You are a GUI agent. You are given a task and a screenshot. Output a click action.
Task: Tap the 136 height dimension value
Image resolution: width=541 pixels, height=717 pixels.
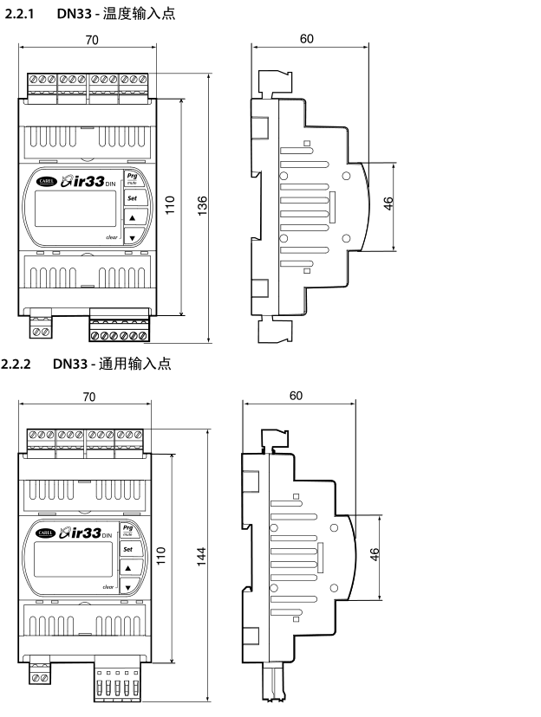point(202,207)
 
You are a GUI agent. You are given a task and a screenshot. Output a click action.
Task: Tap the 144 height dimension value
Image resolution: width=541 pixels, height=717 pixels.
point(201,562)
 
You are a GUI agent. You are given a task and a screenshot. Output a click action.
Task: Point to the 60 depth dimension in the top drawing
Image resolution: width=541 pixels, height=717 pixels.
point(308,38)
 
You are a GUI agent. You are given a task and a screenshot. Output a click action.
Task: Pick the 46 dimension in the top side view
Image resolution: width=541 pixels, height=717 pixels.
point(389,205)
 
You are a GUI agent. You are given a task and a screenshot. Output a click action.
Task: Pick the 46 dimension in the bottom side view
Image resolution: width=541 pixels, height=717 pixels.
point(375,554)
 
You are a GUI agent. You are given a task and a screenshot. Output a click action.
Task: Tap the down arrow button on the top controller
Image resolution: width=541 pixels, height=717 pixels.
point(132,237)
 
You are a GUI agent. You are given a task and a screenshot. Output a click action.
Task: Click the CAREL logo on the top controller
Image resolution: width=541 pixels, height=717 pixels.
point(42,181)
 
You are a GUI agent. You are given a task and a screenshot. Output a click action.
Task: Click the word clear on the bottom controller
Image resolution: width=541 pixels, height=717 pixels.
point(108,586)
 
